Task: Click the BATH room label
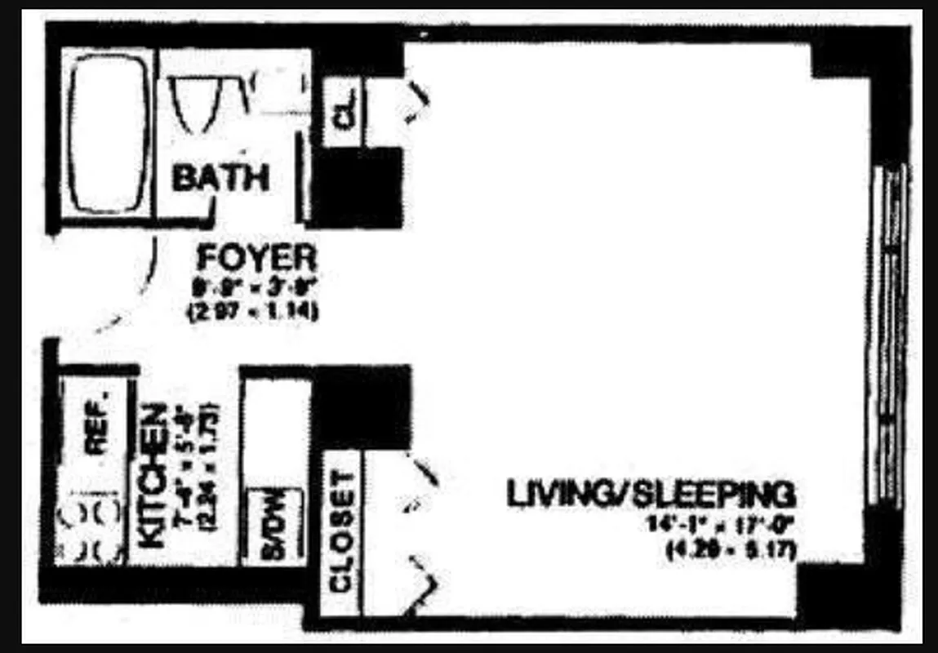[220, 177]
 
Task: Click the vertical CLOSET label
[340, 531]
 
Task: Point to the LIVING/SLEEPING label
[651, 495]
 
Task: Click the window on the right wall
[890, 335]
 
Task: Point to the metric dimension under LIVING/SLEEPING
[731, 553]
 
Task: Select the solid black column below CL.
[357, 187]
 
